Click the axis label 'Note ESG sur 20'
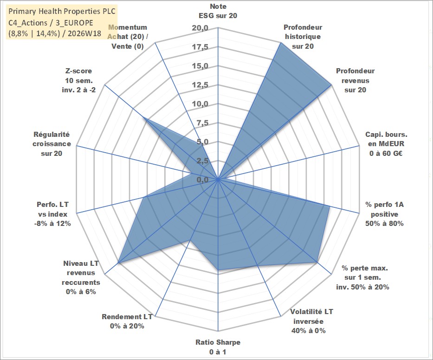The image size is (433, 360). [218, 11]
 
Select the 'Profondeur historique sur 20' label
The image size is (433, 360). [303, 37]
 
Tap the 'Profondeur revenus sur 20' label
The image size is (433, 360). [355, 80]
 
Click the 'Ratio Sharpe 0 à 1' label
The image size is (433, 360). [218, 347]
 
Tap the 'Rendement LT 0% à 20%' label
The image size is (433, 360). [127, 321]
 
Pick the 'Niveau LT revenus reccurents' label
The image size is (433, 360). [81, 277]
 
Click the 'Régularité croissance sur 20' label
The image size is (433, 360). [52, 144]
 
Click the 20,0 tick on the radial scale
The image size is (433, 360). [200, 28]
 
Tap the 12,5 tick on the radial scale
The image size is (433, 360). [200, 85]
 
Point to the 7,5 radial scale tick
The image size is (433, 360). [203, 123]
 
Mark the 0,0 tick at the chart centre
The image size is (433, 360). [203, 180]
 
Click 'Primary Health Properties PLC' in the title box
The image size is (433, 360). [62, 11]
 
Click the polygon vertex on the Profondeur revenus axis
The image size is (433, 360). [330, 85]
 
